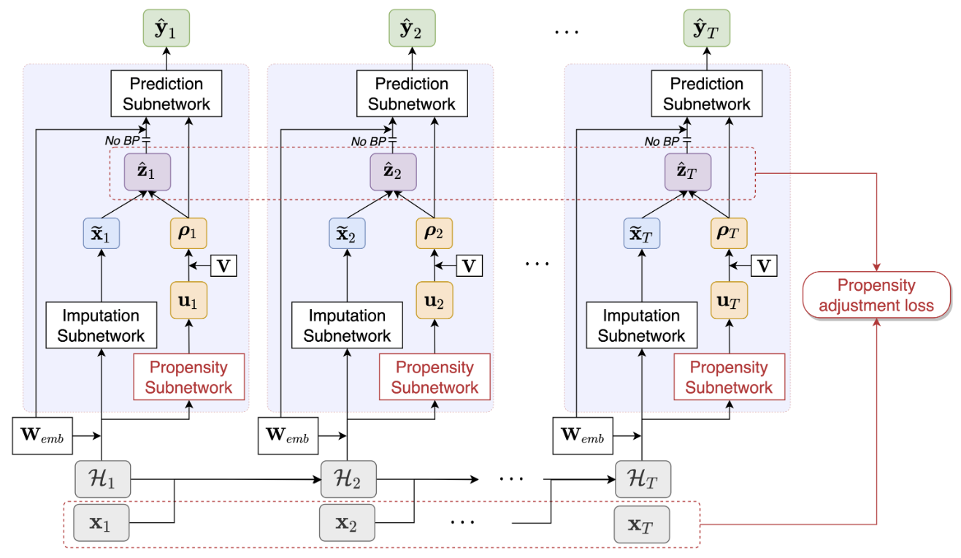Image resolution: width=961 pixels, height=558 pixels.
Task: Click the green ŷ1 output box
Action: coord(164,28)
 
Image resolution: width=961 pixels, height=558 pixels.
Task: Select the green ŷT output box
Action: coord(706,28)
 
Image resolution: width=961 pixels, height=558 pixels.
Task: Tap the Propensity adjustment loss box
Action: coord(876,296)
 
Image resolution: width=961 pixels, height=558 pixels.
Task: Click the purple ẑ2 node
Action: coord(393,172)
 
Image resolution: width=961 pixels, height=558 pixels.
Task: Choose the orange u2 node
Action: coord(434,300)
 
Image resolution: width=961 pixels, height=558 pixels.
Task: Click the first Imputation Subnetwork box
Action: coord(101,326)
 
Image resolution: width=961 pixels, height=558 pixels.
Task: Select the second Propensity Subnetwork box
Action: coord(434,377)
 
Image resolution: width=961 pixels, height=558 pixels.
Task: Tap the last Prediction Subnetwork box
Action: coord(706,93)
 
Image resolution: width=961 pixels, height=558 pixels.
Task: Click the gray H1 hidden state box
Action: coord(102,480)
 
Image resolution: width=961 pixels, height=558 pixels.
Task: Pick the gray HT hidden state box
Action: coord(643,480)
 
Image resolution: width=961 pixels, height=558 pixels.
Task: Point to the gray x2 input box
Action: coord(347,524)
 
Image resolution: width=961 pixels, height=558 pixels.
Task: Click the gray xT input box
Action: coord(642,524)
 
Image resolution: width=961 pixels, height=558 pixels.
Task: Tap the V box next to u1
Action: coord(223,266)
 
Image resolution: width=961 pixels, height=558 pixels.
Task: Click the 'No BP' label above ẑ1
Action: coord(123,141)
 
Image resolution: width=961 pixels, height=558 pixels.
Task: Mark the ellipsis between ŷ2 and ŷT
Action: coord(566,31)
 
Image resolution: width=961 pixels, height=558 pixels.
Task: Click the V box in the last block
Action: coord(764,266)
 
